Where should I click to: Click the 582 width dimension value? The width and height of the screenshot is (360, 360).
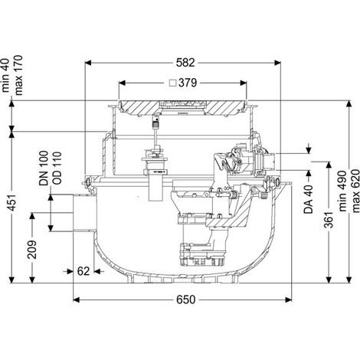(185, 63)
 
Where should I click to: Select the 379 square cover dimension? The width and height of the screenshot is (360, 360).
(188, 83)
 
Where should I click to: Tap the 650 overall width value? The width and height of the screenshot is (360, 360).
(185, 299)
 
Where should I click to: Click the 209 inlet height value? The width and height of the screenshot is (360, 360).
(32, 250)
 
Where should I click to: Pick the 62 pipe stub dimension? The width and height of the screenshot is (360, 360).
(83, 271)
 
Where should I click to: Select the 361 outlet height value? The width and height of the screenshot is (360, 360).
(329, 220)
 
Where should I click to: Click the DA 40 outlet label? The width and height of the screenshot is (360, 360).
(309, 199)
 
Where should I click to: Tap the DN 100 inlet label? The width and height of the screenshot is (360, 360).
(44, 169)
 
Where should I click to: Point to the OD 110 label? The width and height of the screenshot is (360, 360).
(57, 169)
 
